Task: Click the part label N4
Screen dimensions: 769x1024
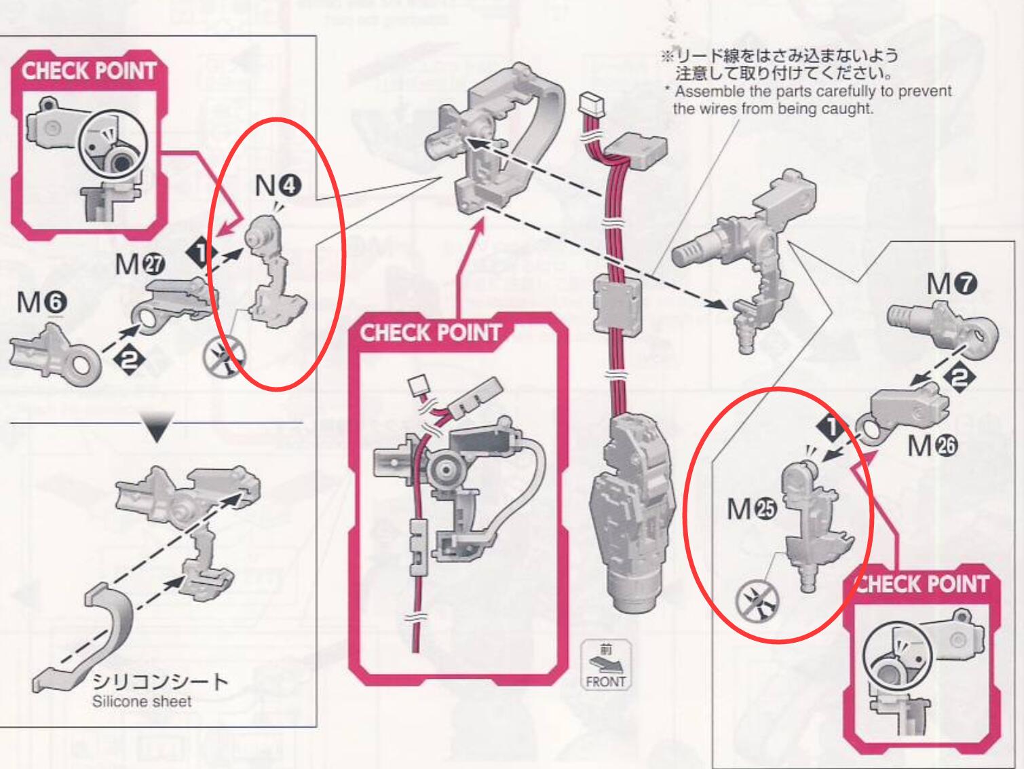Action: point(277,185)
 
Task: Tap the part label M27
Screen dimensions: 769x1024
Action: point(140,263)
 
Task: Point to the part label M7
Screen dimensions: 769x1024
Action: point(951,284)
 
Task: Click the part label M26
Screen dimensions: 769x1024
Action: point(932,446)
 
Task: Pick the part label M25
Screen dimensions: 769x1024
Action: point(751,508)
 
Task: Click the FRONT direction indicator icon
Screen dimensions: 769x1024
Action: point(605,666)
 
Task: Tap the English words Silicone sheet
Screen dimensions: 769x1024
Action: point(142,701)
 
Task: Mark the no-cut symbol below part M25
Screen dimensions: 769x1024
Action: point(757,600)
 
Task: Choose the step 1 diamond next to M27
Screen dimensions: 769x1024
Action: point(202,257)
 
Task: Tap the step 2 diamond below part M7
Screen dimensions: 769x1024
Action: point(959,376)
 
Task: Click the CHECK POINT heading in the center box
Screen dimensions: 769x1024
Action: point(430,333)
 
